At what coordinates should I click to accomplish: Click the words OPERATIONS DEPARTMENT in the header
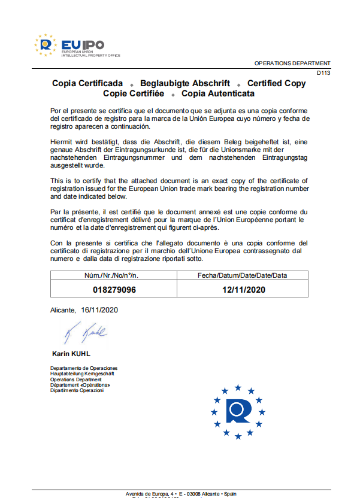292,63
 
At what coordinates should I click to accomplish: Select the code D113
323,73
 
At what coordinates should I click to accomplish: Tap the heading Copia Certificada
87,84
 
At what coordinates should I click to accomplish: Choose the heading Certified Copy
276,84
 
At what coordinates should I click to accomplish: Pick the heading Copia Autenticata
218,94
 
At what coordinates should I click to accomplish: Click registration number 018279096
114,290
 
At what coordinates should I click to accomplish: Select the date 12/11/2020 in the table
243,290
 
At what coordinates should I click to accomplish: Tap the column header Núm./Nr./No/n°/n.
114,275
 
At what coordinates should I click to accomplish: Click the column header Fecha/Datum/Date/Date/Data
243,275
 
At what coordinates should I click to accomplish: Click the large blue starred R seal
238,411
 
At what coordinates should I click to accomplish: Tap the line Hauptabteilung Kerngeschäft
82,373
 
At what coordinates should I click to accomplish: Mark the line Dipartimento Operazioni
77,391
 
